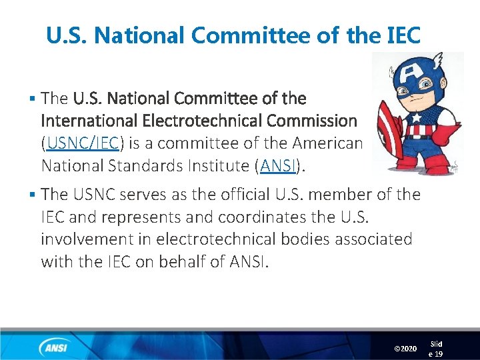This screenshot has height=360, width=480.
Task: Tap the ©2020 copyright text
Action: [x=405, y=349]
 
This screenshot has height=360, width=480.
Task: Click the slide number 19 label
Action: [x=436, y=349]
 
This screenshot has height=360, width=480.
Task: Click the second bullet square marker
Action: [x=32, y=195]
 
